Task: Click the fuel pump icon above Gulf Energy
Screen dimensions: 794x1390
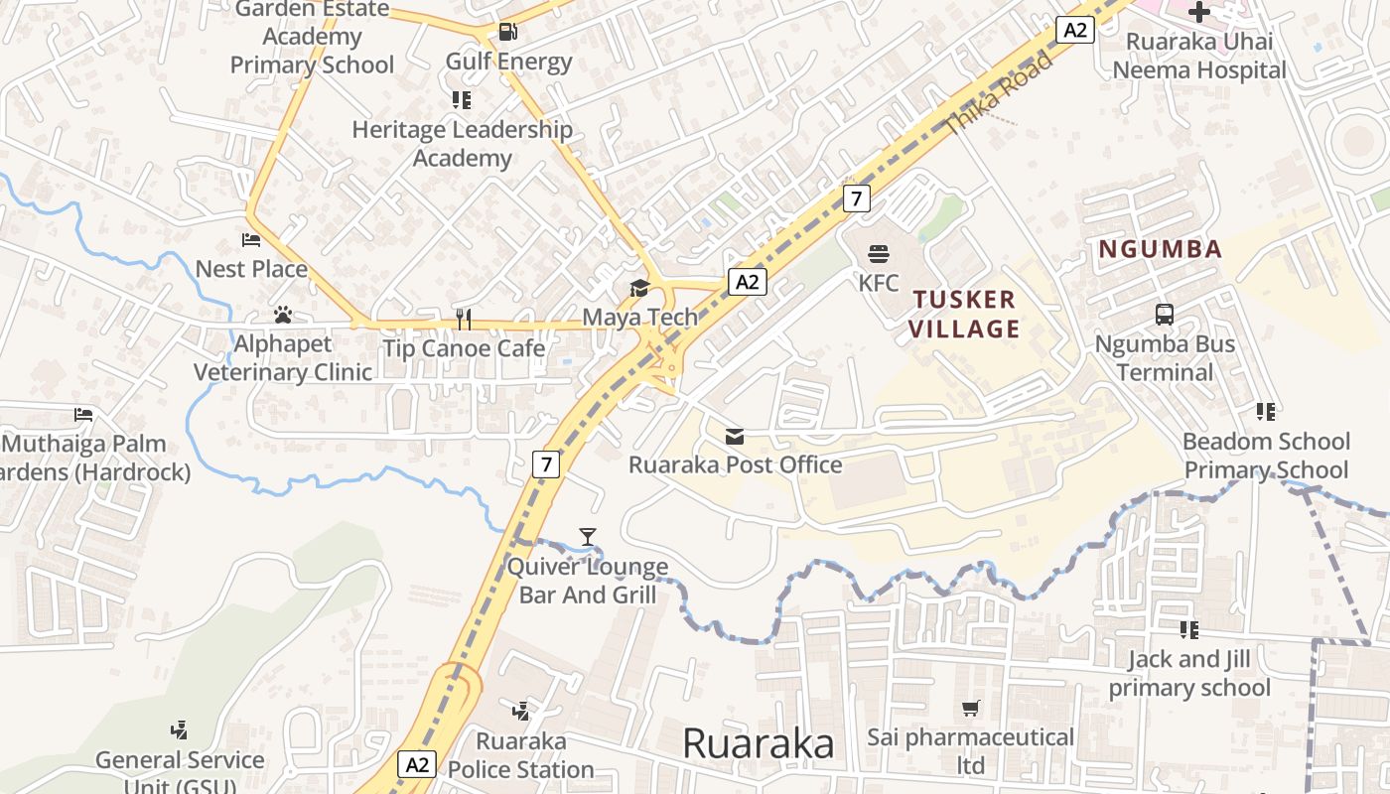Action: (507, 31)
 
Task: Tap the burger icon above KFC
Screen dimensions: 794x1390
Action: (878, 254)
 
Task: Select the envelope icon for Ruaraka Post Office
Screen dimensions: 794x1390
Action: (735, 436)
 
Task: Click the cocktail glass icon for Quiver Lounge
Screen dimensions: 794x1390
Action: (588, 537)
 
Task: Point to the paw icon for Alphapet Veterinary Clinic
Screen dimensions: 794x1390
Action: (283, 315)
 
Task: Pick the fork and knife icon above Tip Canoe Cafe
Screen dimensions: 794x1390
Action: (463, 318)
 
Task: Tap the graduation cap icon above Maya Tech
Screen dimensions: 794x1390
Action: (639, 289)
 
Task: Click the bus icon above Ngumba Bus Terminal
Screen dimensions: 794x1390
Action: (1165, 315)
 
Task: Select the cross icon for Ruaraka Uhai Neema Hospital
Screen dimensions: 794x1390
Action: (1199, 12)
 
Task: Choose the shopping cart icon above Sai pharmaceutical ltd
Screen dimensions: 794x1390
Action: (971, 709)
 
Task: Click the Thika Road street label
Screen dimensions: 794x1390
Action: (999, 93)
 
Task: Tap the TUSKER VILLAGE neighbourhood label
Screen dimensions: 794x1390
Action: (966, 314)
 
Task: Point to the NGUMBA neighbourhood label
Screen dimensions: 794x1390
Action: (1160, 249)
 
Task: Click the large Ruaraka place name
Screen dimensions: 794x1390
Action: (759, 743)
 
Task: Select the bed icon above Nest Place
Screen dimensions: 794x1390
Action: (251, 240)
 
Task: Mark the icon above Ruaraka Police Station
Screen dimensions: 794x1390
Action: (520, 711)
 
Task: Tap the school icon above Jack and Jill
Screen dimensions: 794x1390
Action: (1188, 630)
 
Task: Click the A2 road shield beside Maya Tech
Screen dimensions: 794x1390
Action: (747, 282)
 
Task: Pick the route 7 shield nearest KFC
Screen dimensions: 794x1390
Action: (856, 198)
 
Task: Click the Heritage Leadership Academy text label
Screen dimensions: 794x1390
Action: (462, 143)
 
